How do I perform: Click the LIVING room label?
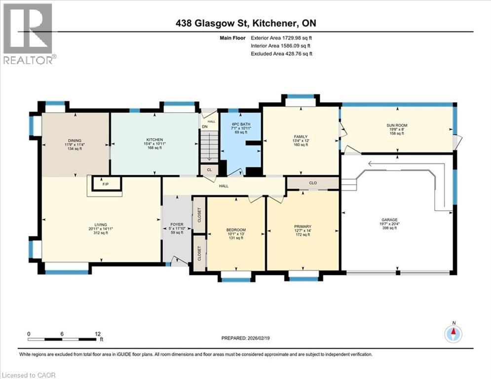point(101,225)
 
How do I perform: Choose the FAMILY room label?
point(301,137)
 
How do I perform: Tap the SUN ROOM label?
point(397,126)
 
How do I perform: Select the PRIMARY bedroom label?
point(303,227)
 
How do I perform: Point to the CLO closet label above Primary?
point(312,183)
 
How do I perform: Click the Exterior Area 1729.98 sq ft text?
point(282,38)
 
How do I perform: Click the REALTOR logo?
point(28,34)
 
